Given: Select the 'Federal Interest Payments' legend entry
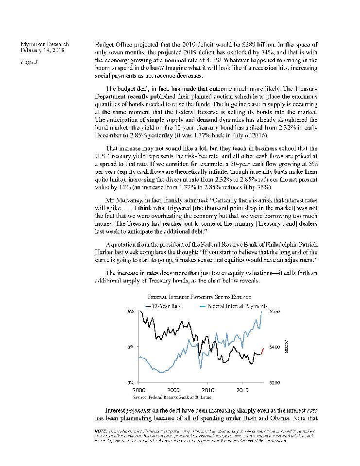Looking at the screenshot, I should tap(237, 306).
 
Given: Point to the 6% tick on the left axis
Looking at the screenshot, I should tap(131, 311).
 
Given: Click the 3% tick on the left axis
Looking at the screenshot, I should tap(131, 347).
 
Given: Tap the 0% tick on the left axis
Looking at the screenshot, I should tap(131, 383).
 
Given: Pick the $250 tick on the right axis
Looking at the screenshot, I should tap(274, 383).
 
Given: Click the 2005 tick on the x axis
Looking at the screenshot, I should tap(173, 390).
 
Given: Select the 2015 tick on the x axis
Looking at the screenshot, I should tap(243, 390).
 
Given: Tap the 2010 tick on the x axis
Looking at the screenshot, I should tap(208, 390).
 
